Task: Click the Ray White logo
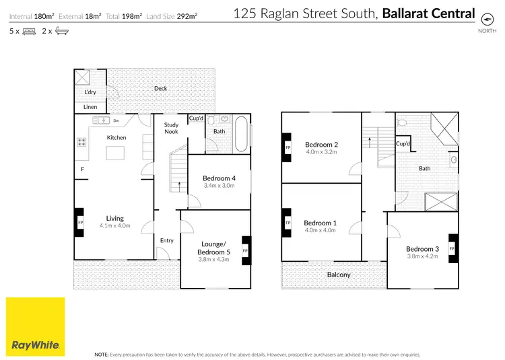(36, 326)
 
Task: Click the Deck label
(160, 88)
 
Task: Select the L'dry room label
(90, 93)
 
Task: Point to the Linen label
(90, 107)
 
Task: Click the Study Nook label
(170, 128)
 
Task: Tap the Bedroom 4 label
(218, 178)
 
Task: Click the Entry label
(166, 240)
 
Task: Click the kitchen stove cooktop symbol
(82, 142)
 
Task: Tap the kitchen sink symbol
(102, 120)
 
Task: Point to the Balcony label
(339, 275)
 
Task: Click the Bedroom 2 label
(321, 144)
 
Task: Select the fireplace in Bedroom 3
(452, 249)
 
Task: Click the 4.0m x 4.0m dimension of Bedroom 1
(321, 230)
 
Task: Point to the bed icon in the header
(30, 31)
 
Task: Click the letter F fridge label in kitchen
(82, 169)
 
